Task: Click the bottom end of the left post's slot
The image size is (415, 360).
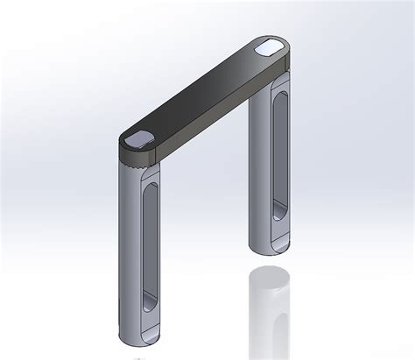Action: point(146,307)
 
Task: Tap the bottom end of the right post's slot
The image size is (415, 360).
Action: point(277,210)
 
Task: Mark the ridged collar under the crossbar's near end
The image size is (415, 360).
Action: point(140,161)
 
